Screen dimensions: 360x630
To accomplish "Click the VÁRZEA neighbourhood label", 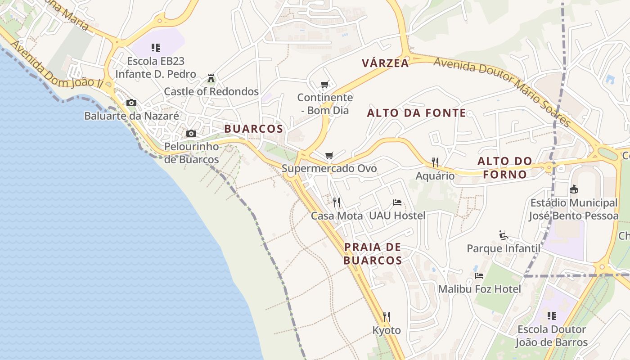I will (x=386, y=63).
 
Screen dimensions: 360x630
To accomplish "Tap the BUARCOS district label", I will (x=254, y=129).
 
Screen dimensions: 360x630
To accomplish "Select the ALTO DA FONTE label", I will (x=416, y=113).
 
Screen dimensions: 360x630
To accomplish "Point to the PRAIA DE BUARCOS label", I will (x=373, y=253).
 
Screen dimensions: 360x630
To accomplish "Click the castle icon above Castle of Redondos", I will (x=211, y=78).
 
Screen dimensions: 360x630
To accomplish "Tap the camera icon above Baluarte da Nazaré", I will (x=131, y=103).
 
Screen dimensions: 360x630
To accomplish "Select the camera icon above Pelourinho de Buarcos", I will (x=191, y=134).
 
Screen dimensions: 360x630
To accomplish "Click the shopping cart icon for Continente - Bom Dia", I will (x=325, y=85).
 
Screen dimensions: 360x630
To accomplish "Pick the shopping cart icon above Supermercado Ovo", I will (x=329, y=156).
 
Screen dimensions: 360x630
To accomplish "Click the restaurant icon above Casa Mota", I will (x=337, y=202).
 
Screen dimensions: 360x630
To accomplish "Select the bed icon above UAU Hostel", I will (x=397, y=202).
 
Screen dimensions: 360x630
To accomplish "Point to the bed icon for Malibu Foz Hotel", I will (x=479, y=275).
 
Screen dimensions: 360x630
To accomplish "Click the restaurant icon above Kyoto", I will (x=386, y=317).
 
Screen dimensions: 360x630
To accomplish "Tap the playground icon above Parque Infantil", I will (x=504, y=235).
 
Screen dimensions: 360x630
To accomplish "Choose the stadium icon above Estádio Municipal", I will (x=573, y=189).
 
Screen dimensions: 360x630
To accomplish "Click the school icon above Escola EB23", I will (x=156, y=48).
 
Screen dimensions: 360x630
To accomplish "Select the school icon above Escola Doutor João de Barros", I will (x=552, y=316).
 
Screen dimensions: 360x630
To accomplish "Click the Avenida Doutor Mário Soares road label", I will (x=502, y=90).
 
